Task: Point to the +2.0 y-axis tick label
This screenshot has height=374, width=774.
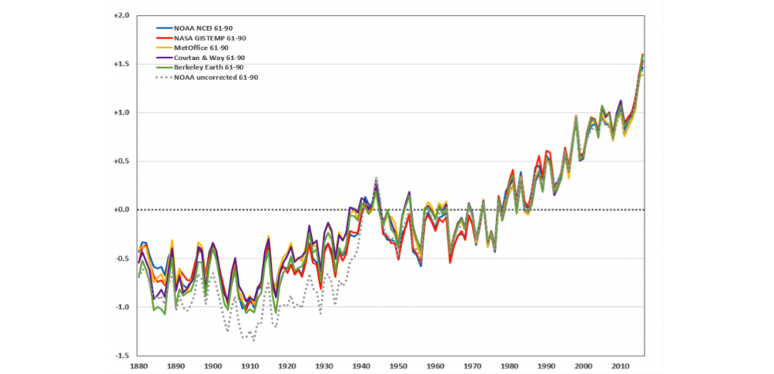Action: (121, 15)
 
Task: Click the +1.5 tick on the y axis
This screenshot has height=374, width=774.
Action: (121, 63)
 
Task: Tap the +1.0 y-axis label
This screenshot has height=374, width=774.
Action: (121, 112)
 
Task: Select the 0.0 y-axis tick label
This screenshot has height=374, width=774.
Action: (121, 210)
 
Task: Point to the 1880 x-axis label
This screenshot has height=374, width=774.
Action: (137, 367)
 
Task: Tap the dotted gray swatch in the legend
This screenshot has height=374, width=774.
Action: (163, 77)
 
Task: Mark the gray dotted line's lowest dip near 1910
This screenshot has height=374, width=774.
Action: (254, 340)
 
